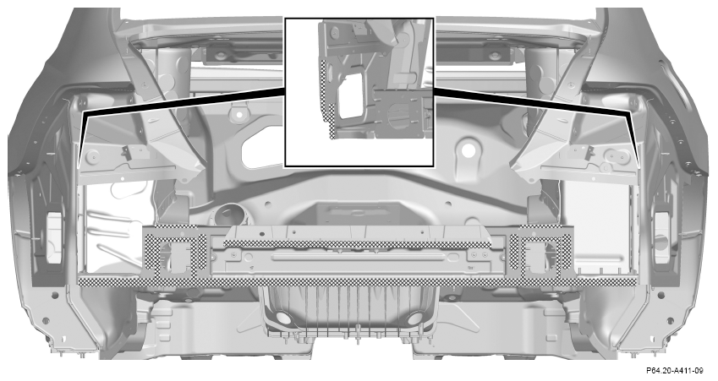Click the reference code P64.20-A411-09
pos(675,370)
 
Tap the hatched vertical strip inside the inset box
pos(328,98)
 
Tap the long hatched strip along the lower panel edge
pos(357,281)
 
